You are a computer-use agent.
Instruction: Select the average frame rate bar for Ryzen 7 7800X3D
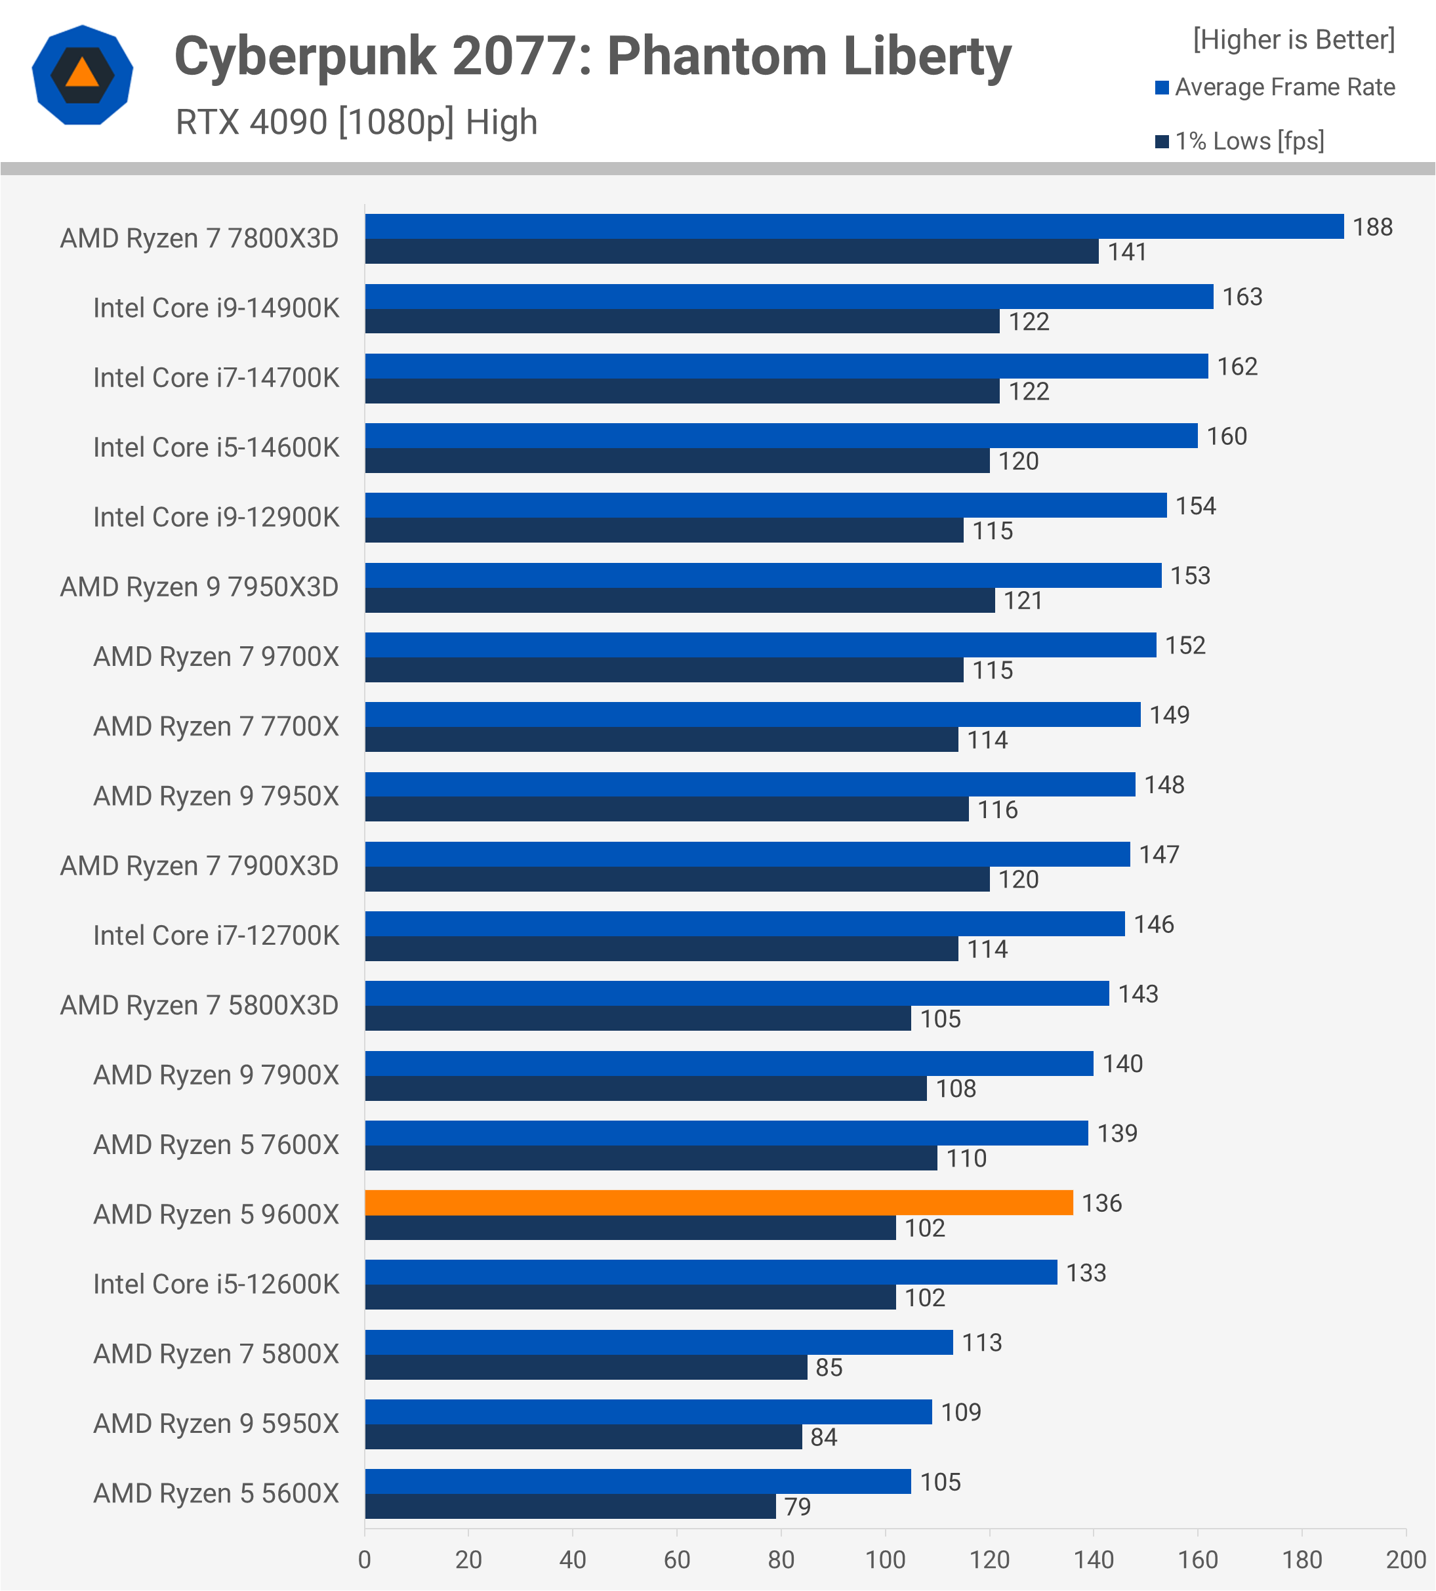[x=853, y=226]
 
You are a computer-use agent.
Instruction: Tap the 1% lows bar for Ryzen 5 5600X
[x=569, y=1506]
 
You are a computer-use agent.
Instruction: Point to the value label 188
[x=1372, y=227]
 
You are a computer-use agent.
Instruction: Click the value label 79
[x=797, y=1507]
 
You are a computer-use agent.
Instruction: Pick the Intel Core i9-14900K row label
[x=215, y=308]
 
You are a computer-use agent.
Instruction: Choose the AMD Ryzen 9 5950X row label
[x=215, y=1424]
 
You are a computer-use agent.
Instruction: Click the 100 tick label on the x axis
[x=884, y=1560]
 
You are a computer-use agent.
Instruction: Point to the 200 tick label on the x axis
[x=1405, y=1560]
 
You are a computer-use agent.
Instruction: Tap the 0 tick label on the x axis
[x=365, y=1560]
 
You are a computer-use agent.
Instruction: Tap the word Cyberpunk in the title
[x=304, y=57]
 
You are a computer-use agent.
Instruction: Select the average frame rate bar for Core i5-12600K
[x=710, y=1272]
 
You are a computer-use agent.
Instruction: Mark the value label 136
[x=1101, y=1203]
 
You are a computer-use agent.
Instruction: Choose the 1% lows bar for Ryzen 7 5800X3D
[x=638, y=1019]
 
